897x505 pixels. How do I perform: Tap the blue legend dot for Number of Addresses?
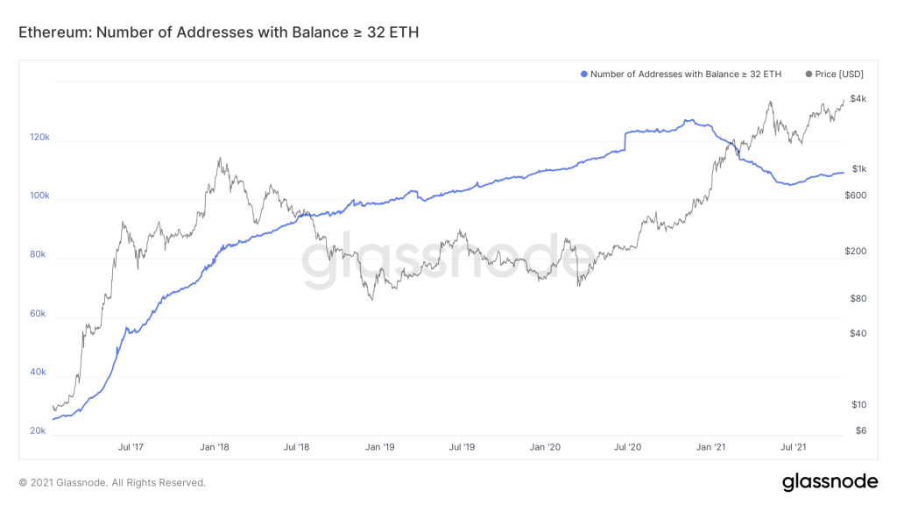584,75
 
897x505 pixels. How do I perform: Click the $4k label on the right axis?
858,99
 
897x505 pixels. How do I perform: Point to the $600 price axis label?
856,195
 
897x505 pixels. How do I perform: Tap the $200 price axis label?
856,252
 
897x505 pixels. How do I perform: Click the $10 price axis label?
858,405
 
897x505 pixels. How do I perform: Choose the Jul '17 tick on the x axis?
131,447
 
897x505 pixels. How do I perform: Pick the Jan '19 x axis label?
379,447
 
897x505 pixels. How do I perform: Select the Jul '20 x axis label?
628,447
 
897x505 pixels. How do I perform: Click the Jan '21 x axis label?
710,447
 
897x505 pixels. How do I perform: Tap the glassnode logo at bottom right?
829,481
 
